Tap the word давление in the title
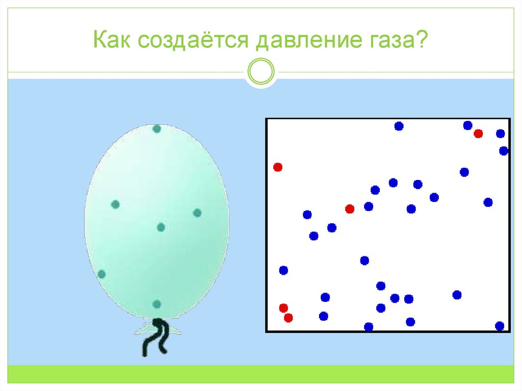[300, 40]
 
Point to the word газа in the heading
[387, 40]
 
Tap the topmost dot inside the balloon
[156, 128]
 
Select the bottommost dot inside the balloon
[156, 304]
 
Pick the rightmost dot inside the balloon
[197, 213]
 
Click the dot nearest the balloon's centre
[161, 227]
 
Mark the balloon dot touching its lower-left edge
[101, 274]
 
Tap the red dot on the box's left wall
[278, 167]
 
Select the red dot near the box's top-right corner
[478, 134]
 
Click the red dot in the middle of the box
[350, 208]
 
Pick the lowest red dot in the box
[289, 318]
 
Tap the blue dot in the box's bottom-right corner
[500, 326]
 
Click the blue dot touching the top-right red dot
[467, 125]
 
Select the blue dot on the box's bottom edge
[369, 327]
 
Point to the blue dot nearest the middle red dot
[369, 206]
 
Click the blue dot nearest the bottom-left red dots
[323, 316]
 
